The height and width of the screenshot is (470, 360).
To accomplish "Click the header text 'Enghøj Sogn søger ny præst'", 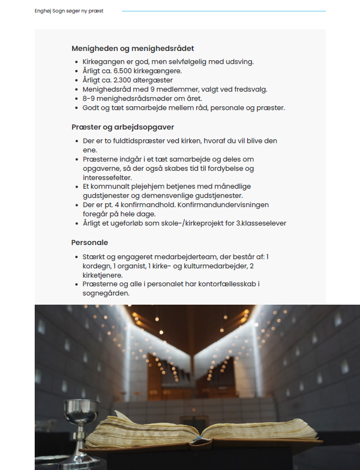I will (x=69, y=11).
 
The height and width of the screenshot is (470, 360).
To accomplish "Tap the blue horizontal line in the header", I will (x=223, y=11).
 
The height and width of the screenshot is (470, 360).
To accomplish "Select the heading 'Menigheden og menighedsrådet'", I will (x=133, y=48).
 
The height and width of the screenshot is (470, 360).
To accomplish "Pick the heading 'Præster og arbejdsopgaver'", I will (x=123, y=127).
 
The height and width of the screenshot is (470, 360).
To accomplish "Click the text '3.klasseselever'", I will (x=261, y=223).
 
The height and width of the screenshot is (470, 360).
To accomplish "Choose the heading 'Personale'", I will (x=89, y=242).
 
